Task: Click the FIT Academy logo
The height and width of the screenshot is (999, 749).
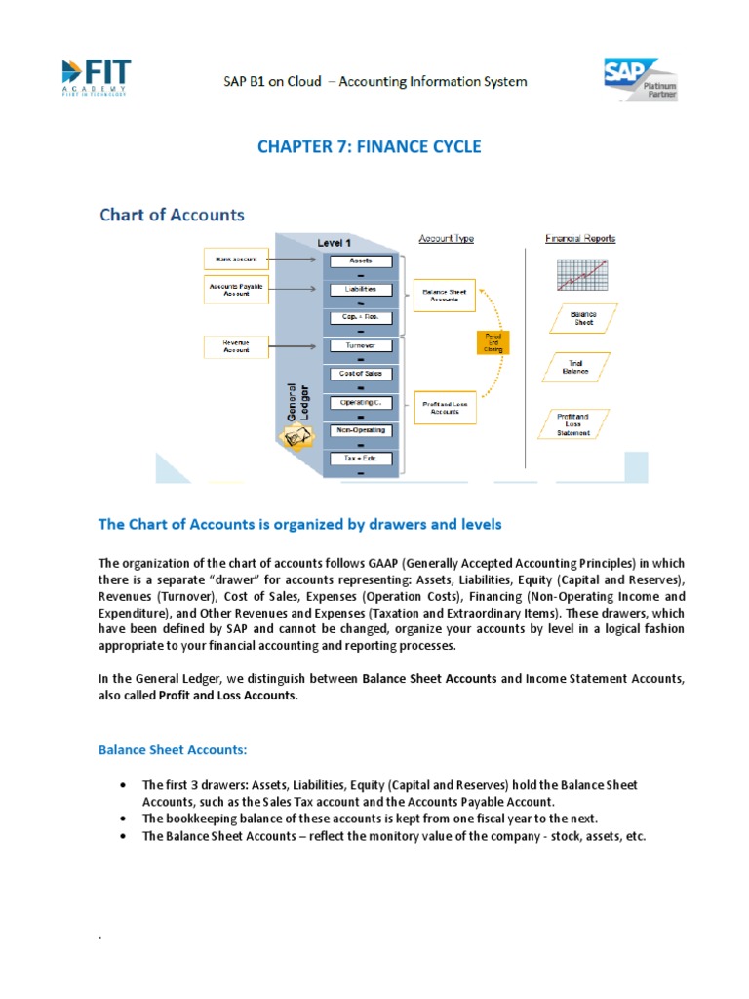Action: point(96,78)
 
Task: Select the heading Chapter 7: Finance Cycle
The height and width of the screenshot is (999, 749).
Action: point(369,147)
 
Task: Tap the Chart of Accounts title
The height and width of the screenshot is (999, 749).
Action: point(172,215)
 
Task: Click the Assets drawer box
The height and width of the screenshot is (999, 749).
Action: point(360,261)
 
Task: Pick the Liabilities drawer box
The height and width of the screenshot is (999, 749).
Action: point(360,290)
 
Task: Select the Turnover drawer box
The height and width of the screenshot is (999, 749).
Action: point(360,345)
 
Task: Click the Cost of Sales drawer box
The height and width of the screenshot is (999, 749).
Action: point(360,374)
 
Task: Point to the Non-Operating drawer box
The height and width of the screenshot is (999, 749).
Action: point(360,430)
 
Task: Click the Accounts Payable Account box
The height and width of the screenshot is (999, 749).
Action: point(235,289)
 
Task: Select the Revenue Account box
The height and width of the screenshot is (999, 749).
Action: point(235,345)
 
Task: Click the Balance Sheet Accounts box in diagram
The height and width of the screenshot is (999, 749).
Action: point(444,297)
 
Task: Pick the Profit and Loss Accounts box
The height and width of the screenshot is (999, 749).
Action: point(444,410)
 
